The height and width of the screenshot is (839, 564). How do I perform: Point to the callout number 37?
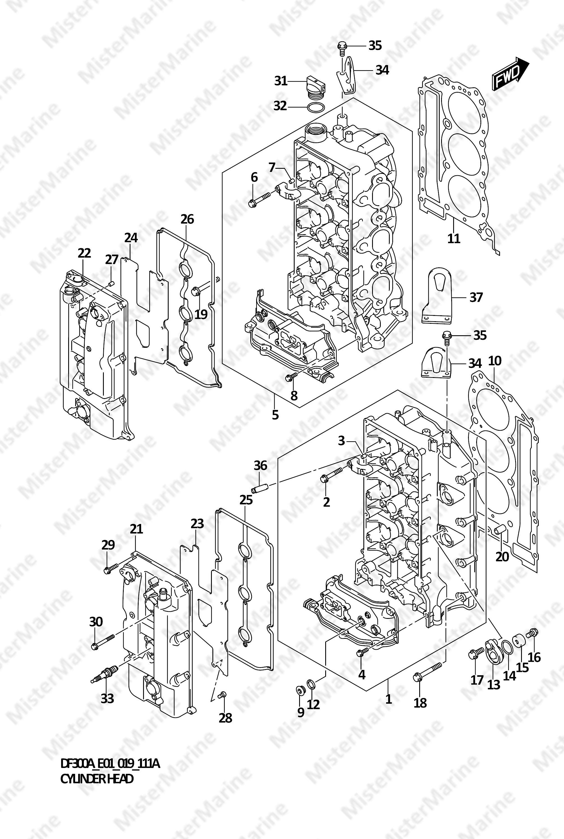click(476, 297)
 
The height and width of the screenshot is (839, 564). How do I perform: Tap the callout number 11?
click(453, 238)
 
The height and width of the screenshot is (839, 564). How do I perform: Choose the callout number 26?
click(187, 219)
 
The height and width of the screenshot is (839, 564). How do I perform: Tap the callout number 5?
click(275, 415)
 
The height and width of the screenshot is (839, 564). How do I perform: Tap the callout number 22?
click(84, 253)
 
